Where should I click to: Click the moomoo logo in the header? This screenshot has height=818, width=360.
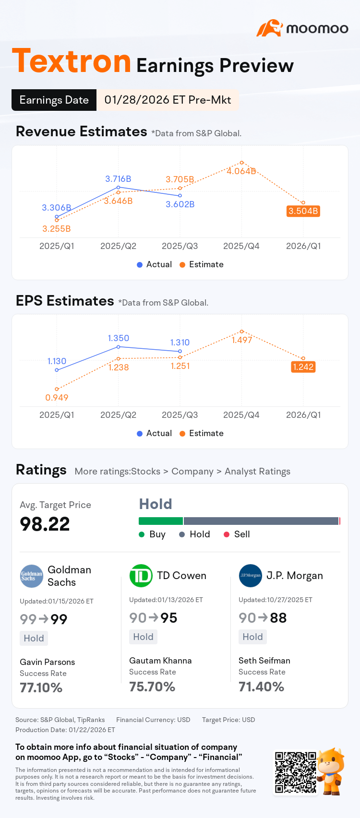point(302,28)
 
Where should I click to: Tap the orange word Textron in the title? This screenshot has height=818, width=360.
point(72,61)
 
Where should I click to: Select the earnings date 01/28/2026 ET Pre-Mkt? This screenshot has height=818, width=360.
point(168,100)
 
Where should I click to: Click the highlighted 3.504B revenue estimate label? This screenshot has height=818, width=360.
point(303,211)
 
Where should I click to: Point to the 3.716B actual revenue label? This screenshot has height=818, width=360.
point(118,179)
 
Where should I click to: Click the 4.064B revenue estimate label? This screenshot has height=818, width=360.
point(241,171)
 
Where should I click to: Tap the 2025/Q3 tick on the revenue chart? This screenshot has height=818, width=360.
point(180,246)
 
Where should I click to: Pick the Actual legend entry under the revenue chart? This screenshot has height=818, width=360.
point(154,264)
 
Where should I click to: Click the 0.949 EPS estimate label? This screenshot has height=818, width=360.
point(57,398)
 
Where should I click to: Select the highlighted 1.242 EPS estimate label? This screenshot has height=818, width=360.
point(303,367)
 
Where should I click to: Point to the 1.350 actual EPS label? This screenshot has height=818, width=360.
point(119,338)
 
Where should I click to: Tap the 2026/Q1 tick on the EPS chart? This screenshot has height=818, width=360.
point(303,415)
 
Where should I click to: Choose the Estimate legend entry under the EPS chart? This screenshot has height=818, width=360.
point(202,433)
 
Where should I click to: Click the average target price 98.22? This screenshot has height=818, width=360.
point(45,524)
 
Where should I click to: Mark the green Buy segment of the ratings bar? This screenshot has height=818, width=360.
point(161,521)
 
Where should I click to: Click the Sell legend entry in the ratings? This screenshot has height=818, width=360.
point(237,534)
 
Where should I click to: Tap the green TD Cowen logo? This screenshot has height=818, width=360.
point(141,576)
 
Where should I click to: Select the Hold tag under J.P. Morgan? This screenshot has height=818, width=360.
point(252,637)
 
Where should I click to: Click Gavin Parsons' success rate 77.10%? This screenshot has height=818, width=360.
point(41,688)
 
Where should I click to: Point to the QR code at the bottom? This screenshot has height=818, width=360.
point(296,772)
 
